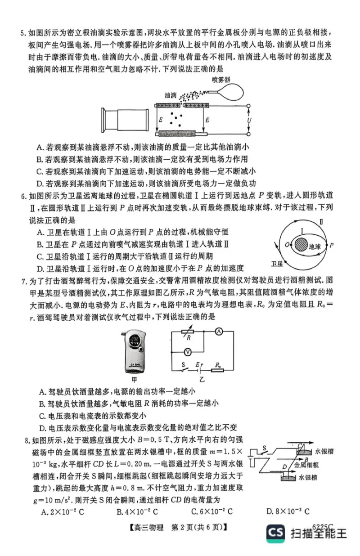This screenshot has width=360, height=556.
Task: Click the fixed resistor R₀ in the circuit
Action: click(218, 370)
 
